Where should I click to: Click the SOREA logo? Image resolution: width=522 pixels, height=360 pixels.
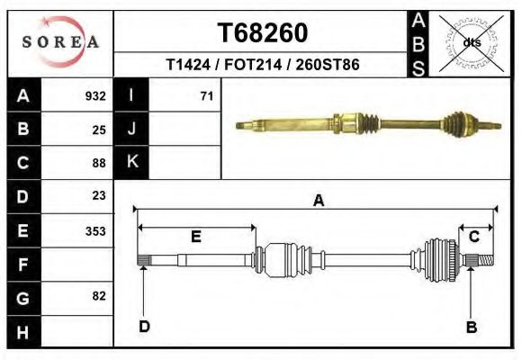pyautogui.click(x=59, y=42)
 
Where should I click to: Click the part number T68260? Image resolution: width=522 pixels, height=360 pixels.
pyautogui.click(x=263, y=33)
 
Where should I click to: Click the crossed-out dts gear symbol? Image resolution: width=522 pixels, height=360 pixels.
pyautogui.click(x=471, y=41)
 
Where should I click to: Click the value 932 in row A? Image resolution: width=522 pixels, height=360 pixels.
pyautogui.click(x=95, y=96)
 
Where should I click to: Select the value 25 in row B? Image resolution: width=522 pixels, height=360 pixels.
pyautogui.click(x=99, y=130)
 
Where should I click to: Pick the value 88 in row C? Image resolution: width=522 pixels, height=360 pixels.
pyautogui.click(x=99, y=163)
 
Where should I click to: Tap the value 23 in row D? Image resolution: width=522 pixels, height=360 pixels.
pyautogui.click(x=99, y=195)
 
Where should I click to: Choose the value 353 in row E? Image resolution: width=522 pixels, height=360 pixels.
pyautogui.click(x=95, y=231)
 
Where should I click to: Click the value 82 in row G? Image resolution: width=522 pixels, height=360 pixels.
pyautogui.click(x=99, y=296)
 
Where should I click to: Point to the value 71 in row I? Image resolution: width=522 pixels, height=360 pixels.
pyautogui.click(x=206, y=96)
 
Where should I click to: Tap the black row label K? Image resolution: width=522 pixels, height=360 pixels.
pyautogui.click(x=131, y=162)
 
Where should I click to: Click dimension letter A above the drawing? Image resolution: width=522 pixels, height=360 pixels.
pyautogui.click(x=318, y=202)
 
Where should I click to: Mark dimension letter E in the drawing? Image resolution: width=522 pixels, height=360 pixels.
pyautogui.click(x=195, y=237)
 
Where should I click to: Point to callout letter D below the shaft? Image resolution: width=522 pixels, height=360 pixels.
pyautogui.click(x=144, y=327)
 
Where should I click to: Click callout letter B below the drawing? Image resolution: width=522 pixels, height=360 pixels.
pyautogui.click(x=471, y=328)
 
